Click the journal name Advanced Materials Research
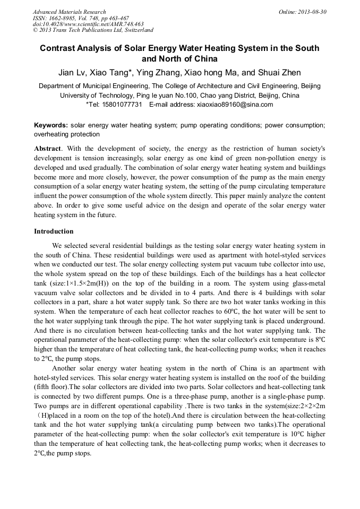(69, 12)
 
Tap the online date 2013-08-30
(310, 12)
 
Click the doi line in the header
(88, 24)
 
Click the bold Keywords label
(50, 125)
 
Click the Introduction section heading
(54, 231)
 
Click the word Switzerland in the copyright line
(134, 30)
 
